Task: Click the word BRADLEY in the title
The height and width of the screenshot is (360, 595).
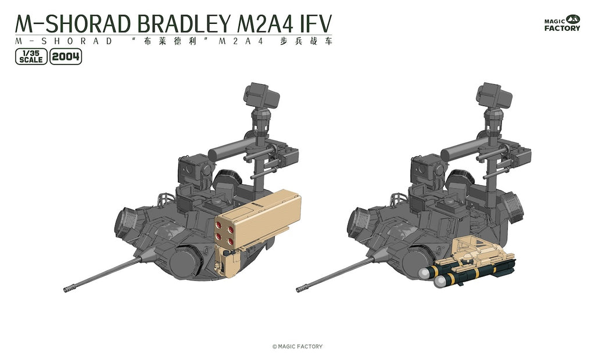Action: (184, 24)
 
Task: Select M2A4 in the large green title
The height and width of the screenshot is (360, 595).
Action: (265, 24)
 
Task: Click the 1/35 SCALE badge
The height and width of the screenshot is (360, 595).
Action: (31, 57)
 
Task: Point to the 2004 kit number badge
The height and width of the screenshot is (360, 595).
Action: (66, 57)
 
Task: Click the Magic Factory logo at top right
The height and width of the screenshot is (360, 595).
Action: (562, 24)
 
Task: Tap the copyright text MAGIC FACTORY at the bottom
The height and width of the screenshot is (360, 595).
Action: (297, 346)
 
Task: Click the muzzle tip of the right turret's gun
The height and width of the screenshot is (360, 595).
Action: (298, 290)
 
